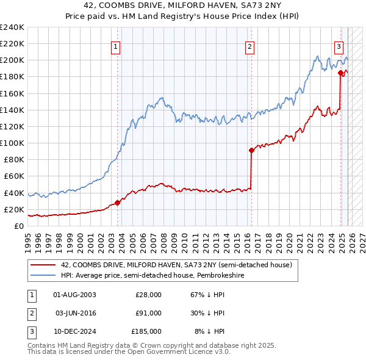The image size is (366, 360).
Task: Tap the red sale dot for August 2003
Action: point(118,203)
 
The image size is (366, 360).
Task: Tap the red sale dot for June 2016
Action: point(251,150)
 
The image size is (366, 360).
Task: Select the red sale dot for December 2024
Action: point(340,73)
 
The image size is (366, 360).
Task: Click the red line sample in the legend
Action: point(43,265)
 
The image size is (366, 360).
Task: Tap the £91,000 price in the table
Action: point(148,313)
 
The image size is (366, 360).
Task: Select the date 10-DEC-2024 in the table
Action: point(75,331)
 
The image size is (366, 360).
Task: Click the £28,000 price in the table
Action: point(148,295)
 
